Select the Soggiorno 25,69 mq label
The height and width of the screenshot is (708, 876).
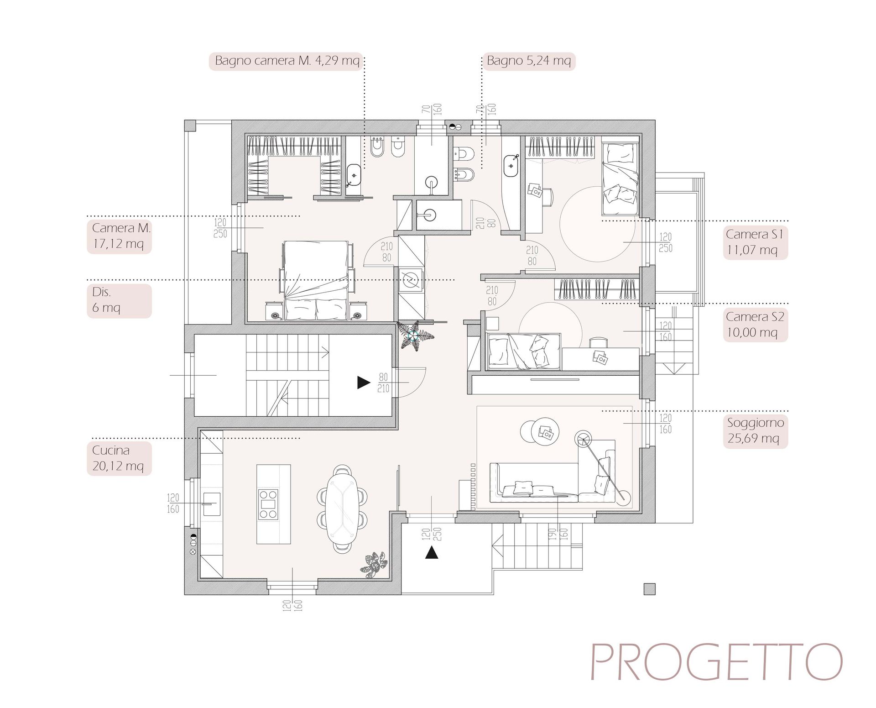[x=756, y=431]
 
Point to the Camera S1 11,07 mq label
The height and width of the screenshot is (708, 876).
[x=756, y=242]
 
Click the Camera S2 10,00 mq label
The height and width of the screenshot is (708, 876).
[x=756, y=325]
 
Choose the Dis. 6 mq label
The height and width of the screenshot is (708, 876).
[x=119, y=301]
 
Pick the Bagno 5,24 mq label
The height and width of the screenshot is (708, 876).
[x=529, y=61]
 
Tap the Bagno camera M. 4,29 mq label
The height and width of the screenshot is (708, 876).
[x=287, y=61]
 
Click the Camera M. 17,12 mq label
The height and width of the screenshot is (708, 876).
[x=119, y=236]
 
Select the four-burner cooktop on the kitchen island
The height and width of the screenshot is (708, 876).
[x=268, y=504]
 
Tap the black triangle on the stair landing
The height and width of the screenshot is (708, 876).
[x=363, y=383]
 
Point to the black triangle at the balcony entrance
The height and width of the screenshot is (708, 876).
[x=432, y=553]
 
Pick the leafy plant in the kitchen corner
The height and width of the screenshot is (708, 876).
[x=374, y=565]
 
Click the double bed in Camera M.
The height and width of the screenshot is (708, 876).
[x=317, y=280]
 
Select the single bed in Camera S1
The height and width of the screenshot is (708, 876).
[x=620, y=179]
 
